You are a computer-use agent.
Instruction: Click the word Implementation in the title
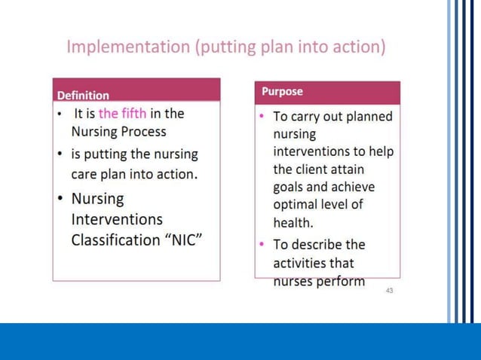(127, 47)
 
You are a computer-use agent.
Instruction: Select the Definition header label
(83, 96)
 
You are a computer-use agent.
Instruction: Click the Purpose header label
(282, 92)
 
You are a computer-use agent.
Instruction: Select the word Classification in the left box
(113, 241)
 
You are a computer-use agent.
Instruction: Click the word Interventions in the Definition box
(117, 220)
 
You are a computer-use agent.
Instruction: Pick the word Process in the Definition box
(141, 131)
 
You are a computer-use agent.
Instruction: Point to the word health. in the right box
(293, 223)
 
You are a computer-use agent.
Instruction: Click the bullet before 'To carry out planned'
(261, 117)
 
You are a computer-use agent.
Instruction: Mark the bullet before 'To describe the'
(261, 245)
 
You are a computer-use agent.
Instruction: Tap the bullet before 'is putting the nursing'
(60, 154)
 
